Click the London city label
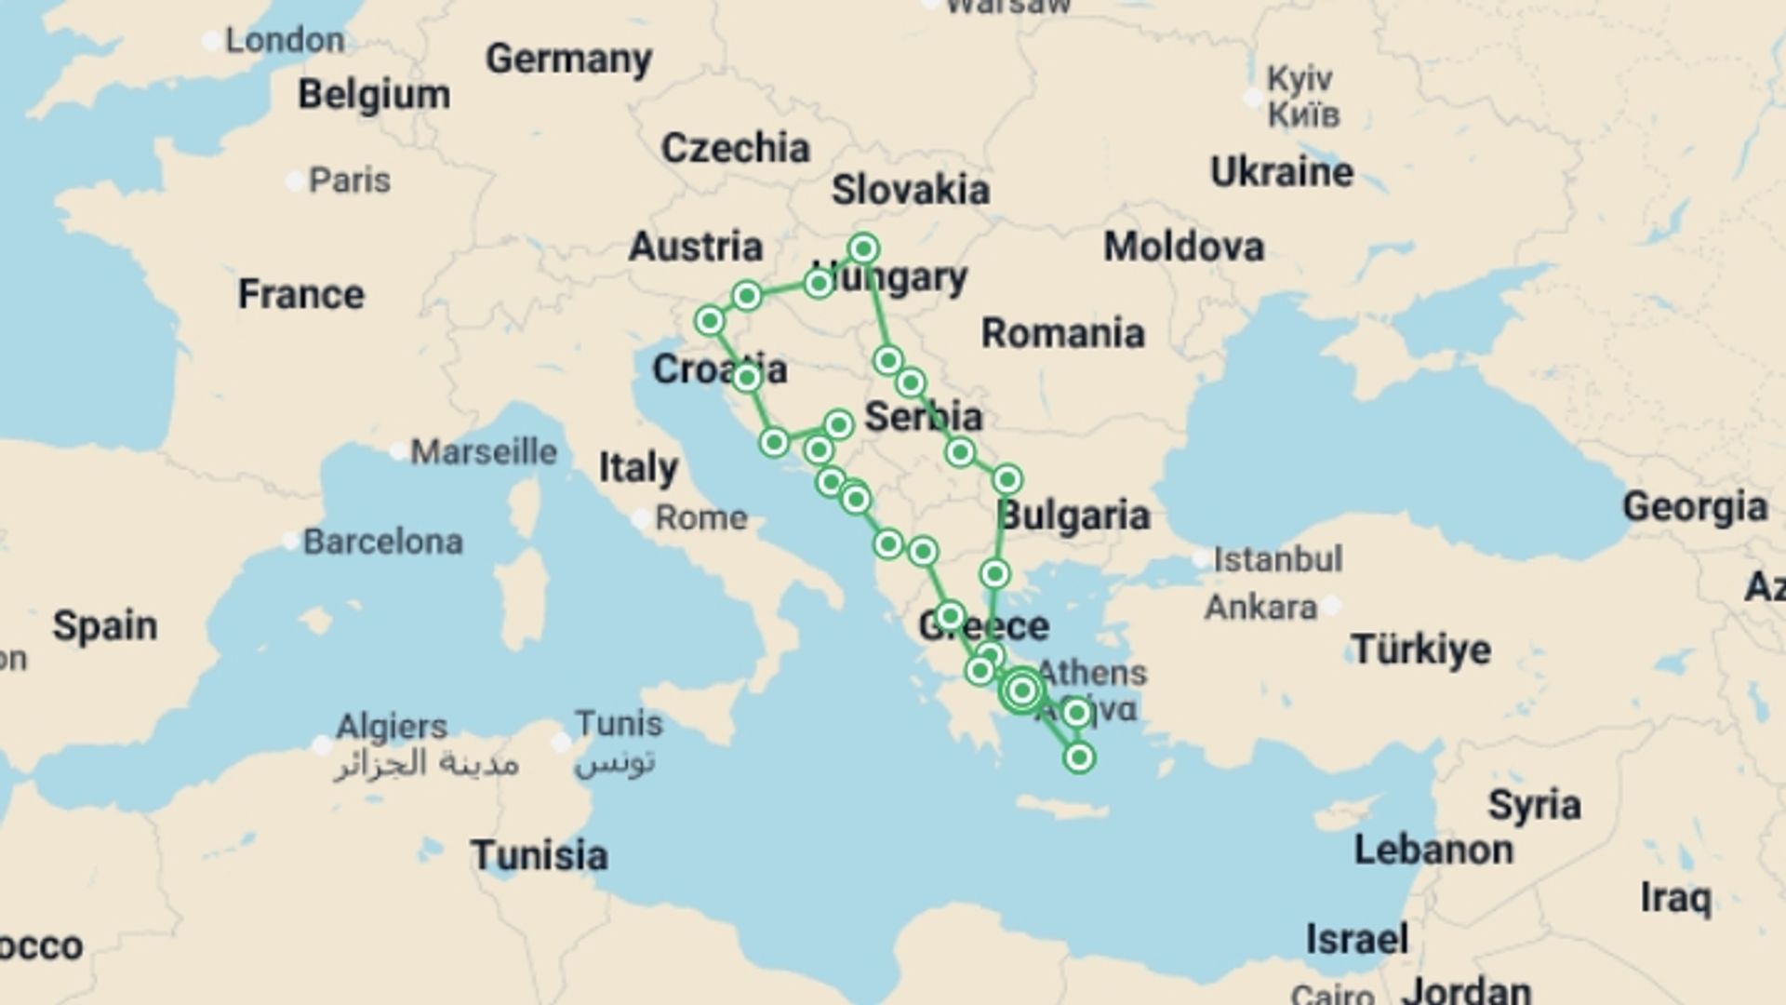click(284, 40)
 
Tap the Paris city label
click(349, 180)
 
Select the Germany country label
click(568, 59)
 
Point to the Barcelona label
click(382, 541)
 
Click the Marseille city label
click(484, 451)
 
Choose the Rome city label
click(700, 517)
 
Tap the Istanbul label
click(1277, 559)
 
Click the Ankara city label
click(1260, 608)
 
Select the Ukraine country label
click(1281, 172)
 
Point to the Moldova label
click(1183, 247)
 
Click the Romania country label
click(1062, 332)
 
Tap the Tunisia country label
click(539, 854)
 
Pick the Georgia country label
click(1694, 507)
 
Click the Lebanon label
click(1433, 850)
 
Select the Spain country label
click(104, 625)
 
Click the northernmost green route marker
click(863, 248)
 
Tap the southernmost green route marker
click(1079, 757)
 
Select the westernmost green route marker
click(710, 321)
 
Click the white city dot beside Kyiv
click(1253, 98)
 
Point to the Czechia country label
click(735, 148)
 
